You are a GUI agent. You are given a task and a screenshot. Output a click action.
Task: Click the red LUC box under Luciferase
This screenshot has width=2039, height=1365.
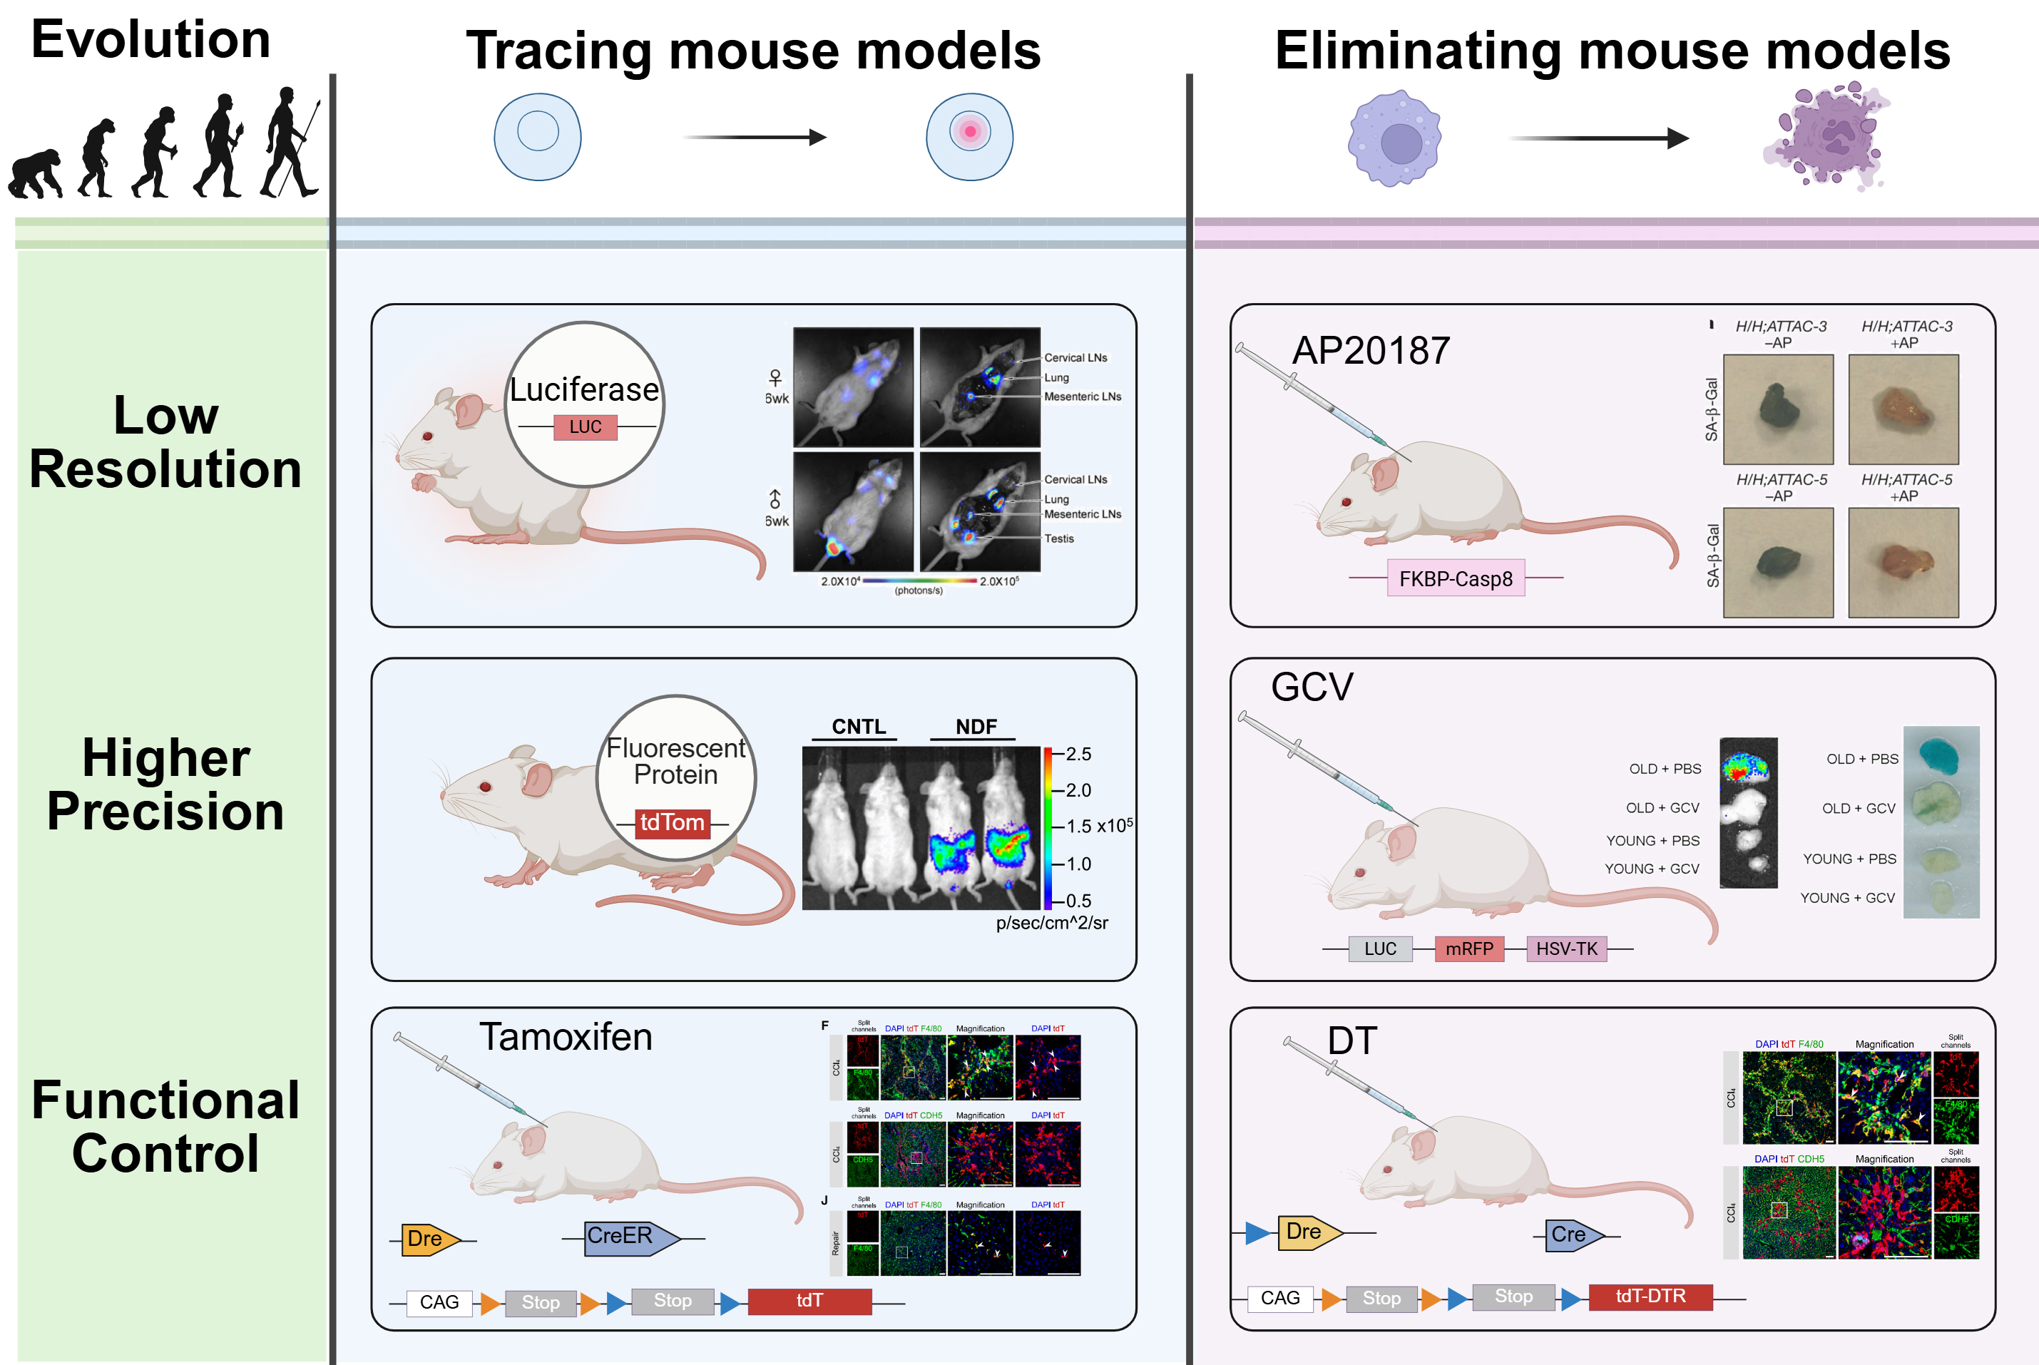(x=585, y=426)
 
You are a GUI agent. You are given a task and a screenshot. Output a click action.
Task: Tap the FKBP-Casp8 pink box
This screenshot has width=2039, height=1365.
(x=1456, y=578)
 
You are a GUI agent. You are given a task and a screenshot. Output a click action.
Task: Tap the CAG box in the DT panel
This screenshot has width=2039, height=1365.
(x=1280, y=1298)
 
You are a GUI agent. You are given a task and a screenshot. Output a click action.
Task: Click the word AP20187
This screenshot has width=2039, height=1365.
(x=1370, y=351)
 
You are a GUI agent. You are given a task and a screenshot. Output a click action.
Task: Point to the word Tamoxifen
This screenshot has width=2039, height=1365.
(x=565, y=1037)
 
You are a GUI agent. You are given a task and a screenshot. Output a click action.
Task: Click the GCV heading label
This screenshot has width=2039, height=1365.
(x=1312, y=687)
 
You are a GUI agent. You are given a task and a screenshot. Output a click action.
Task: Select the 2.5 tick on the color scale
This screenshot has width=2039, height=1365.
(x=1078, y=754)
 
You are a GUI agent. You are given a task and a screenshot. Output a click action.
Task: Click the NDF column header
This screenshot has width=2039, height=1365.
(x=975, y=727)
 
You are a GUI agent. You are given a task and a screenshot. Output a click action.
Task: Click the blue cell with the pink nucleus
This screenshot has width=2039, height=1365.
(x=969, y=137)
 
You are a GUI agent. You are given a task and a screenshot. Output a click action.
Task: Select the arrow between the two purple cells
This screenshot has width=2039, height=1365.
(x=1598, y=138)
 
